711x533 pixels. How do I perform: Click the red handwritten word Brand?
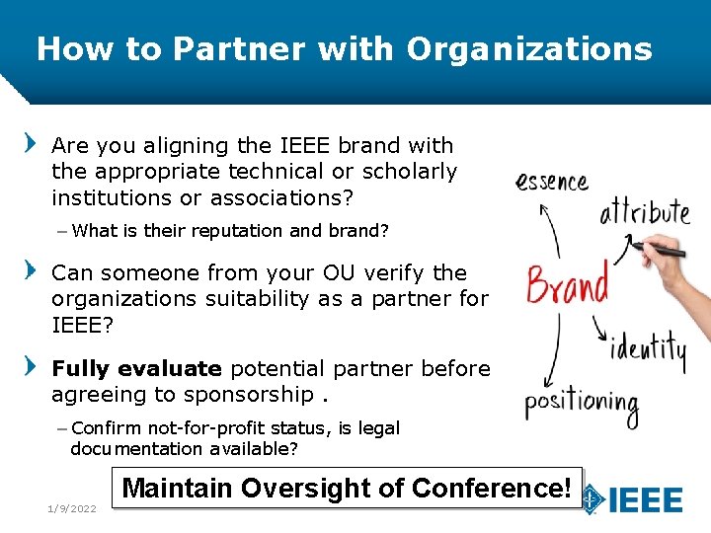pos(566,284)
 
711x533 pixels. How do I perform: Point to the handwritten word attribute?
pos(644,211)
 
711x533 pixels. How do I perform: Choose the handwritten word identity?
pos(648,350)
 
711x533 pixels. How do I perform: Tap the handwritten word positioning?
pos(581,405)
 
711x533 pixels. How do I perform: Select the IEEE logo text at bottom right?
pos(645,499)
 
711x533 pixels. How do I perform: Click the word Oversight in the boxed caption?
pos(321,488)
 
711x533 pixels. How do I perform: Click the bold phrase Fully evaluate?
pos(136,369)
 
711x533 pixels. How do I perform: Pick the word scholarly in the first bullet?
pos(410,172)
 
